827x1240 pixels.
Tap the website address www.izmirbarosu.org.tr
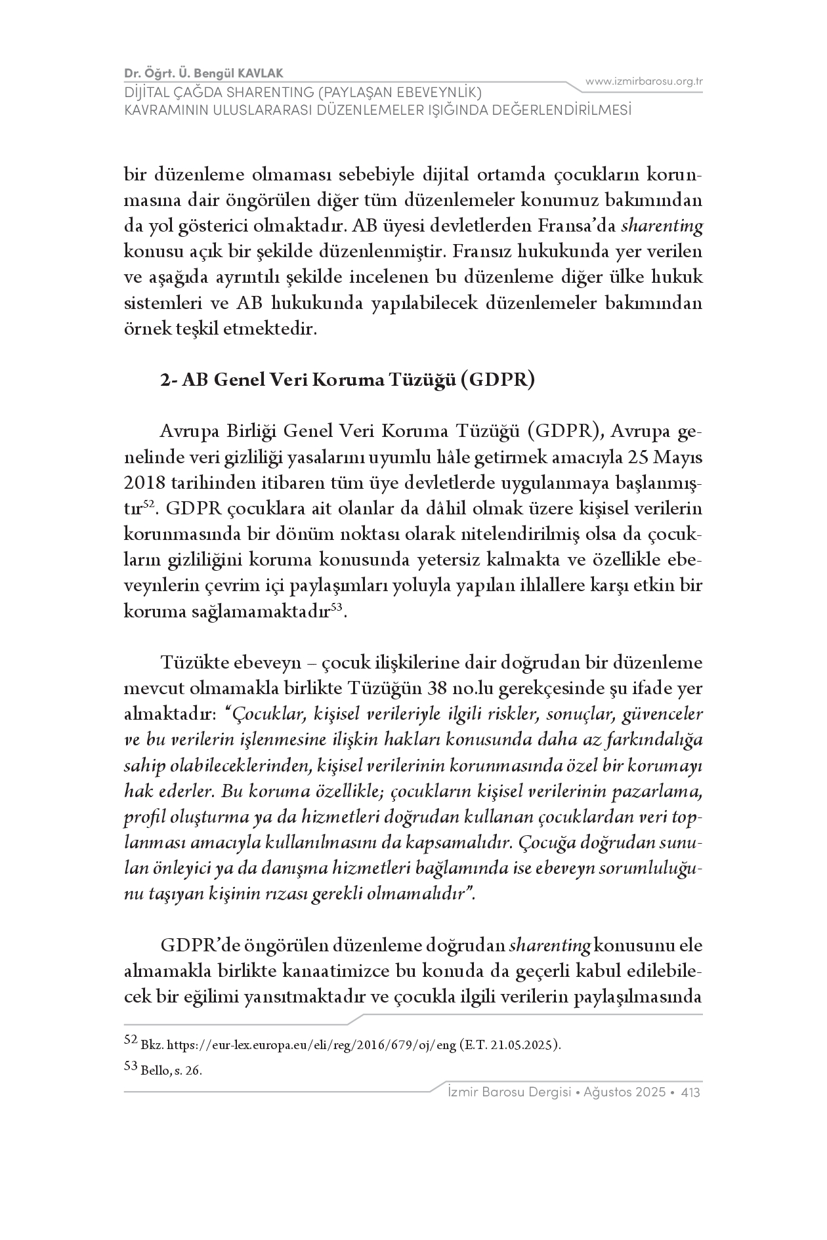[x=644, y=81]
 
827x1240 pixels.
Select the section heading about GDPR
[x=348, y=380]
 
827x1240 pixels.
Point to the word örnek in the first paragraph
[x=146, y=329]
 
